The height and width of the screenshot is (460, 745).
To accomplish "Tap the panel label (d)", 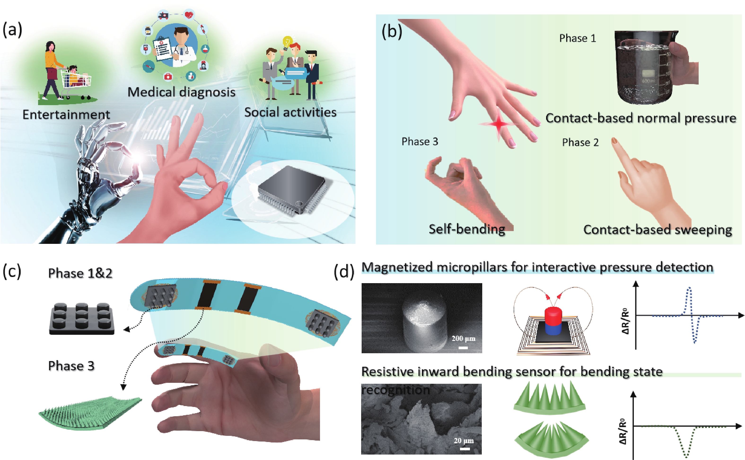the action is (344, 271).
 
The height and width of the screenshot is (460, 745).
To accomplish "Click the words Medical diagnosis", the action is (181, 92).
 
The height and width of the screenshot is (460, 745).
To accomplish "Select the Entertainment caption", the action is (66, 114).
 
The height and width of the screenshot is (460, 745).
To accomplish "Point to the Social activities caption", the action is (290, 112).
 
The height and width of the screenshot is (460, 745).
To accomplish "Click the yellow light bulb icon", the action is (287, 43).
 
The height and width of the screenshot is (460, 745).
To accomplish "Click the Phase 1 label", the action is (578, 38).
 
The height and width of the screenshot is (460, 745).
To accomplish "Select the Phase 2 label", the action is (580, 142).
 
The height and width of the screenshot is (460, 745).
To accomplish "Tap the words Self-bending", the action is (467, 229).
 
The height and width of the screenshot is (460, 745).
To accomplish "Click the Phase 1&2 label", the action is (80, 273).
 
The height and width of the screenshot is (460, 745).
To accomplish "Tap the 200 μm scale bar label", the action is (463, 339).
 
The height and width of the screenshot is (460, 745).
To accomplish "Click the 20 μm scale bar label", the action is (464, 441).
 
